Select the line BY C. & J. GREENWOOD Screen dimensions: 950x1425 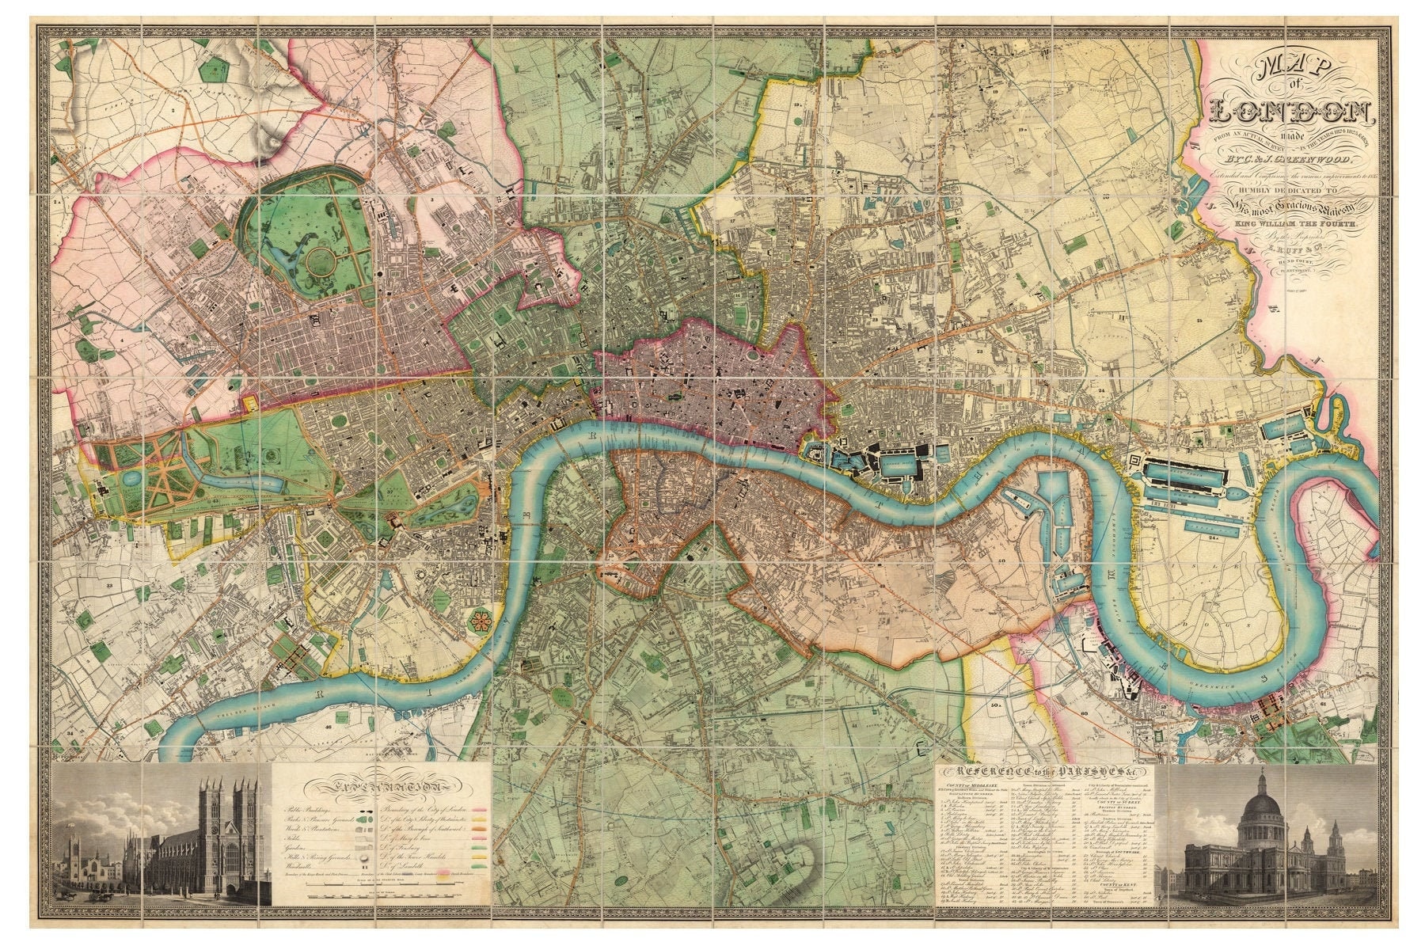tap(1293, 162)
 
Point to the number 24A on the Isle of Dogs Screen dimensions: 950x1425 tap(1212, 537)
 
